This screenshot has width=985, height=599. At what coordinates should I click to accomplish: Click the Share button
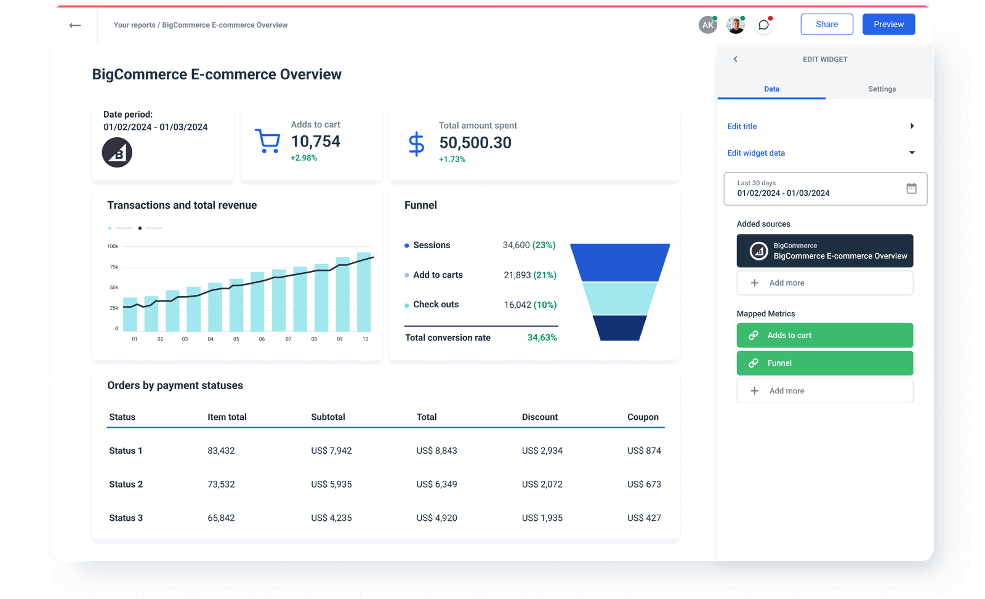[x=826, y=25]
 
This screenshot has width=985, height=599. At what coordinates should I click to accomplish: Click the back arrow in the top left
[x=75, y=25]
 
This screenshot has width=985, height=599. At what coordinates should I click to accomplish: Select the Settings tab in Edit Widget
[x=882, y=89]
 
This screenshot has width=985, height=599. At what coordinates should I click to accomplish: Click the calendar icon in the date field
[x=911, y=188]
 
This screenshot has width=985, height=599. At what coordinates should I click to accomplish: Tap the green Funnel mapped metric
[x=824, y=363]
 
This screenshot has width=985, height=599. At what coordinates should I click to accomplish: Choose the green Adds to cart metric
[x=824, y=336]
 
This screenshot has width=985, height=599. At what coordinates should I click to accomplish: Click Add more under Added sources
[x=824, y=283]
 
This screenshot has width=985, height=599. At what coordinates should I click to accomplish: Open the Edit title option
[x=742, y=126]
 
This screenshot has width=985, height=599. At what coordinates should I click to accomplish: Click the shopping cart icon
[x=267, y=141]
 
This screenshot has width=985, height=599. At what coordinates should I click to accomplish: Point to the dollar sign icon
[x=416, y=143]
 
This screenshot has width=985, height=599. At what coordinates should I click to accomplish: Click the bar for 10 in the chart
[x=364, y=292]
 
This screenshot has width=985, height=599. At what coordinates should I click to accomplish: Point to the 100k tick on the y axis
[x=113, y=246]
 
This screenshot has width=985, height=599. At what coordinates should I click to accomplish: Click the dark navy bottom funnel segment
[x=619, y=328]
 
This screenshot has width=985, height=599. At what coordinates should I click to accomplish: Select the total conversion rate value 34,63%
[x=542, y=338]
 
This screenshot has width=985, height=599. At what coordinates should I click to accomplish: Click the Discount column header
[x=539, y=417]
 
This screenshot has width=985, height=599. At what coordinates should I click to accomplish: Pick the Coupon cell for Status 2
[x=644, y=484]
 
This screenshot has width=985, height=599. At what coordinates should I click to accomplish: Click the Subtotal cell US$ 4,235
[x=331, y=518]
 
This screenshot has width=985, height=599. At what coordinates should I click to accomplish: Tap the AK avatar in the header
[x=708, y=25]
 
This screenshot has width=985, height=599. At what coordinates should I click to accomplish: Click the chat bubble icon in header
[x=763, y=25]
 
